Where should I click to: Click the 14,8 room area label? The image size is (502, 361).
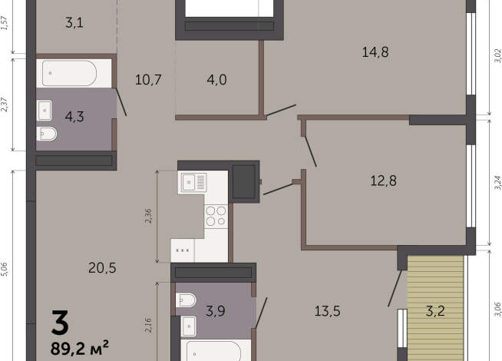click(375, 52)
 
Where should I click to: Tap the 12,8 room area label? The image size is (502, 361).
click(383, 180)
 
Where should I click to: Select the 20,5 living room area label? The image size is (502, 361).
click(102, 268)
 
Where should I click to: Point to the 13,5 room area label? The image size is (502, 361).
click(327, 311)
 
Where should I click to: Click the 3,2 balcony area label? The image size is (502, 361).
click(435, 311)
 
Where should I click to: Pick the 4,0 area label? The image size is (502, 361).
click(216, 79)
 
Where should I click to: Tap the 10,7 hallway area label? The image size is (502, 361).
click(148, 79)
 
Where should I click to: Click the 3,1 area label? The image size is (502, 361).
click(74, 23)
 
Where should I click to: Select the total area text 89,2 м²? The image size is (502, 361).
click(79, 347)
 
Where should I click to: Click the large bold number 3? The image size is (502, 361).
click(60, 322)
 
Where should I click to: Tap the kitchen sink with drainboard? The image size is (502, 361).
click(194, 183)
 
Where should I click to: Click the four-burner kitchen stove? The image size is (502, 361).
click(216, 216)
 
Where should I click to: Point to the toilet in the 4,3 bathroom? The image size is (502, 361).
click(46, 134)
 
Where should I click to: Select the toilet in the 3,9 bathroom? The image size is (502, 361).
click(186, 300)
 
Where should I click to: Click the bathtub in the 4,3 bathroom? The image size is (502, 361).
click(69, 73)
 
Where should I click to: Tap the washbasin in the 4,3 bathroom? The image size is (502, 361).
click(45, 111)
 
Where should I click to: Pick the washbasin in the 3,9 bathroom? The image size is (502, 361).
click(189, 326)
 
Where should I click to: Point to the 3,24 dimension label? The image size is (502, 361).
click(497, 183)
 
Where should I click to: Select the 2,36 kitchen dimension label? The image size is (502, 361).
click(148, 216)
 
